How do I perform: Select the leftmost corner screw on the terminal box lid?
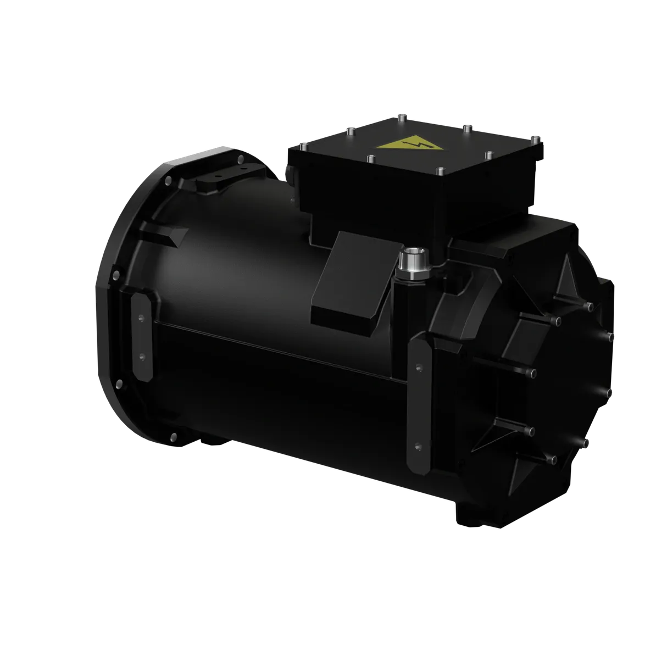302,147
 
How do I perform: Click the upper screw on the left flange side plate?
141,318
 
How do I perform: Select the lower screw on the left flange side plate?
142,358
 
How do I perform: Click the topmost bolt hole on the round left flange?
240,160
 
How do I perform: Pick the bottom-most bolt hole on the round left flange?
174,437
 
